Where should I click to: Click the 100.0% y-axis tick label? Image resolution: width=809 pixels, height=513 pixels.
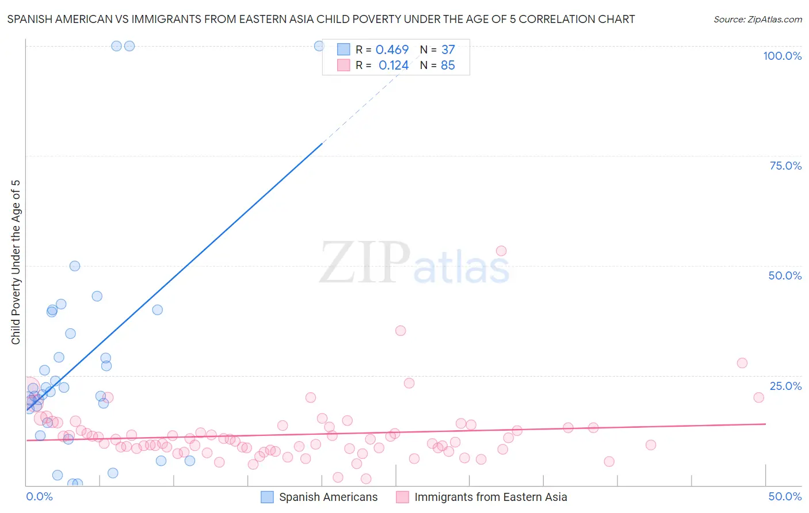click(782, 56)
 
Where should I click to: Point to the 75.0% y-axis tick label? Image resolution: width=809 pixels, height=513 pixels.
click(785, 166)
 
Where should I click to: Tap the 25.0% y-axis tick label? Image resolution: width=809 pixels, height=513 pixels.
click(785, 386)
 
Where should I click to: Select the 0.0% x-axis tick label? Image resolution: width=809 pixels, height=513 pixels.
click(39, 496)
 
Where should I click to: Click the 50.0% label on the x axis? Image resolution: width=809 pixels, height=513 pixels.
click(785, 496)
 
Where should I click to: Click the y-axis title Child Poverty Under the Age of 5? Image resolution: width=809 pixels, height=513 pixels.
click(16, 262)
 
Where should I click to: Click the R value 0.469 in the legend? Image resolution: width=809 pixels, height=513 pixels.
click(392, 50)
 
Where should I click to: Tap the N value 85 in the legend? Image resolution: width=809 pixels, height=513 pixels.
click(448, 66)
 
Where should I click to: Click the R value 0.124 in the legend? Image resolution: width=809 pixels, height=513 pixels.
click(394, 66)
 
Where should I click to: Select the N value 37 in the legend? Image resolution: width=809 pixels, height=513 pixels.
click(448, 50)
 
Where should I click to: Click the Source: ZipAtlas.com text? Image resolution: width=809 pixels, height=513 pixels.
click(757, 20)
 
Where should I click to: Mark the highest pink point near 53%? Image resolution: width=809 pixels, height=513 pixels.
click(501, 251)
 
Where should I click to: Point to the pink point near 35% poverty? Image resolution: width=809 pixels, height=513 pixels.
click(400, 331)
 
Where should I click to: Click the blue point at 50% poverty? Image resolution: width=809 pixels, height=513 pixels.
click(75, 266)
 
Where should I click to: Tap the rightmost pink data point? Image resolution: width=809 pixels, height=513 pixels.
click(759, 397)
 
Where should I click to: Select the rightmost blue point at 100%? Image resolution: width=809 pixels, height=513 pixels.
click(319, 46)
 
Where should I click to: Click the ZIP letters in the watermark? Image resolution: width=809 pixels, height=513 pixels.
click(364, 262)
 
